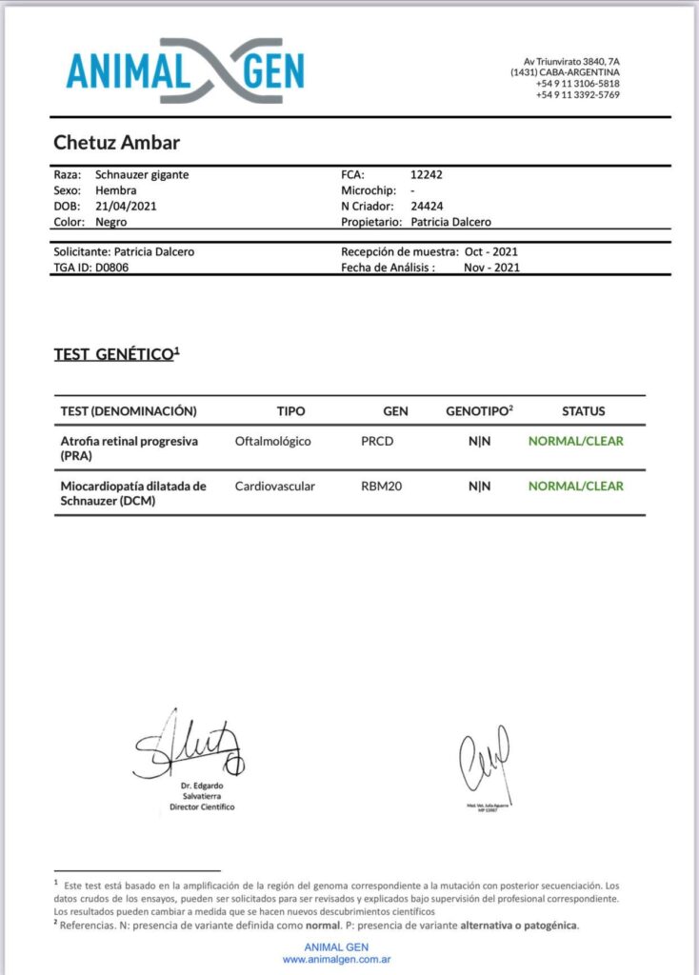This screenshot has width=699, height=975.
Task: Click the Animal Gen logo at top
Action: pos(186,70)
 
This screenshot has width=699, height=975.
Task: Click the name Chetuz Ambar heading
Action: pos(116,143)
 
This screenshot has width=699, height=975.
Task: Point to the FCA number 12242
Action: pos(426,175)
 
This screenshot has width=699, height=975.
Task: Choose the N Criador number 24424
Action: pos(426,206)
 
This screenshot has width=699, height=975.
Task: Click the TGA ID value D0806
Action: pos(113,268)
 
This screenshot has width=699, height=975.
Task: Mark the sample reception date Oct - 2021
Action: pos(491,252)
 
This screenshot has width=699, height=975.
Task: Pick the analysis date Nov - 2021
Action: pos(491,268)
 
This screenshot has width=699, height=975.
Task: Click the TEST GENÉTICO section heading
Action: pos(116,354)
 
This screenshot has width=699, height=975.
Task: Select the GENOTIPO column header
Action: pos(479,411)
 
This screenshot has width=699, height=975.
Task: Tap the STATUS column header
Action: pos(583,411)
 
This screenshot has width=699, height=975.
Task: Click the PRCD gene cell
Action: pos(377,441)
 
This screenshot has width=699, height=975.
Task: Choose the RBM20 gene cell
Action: pos(380,486)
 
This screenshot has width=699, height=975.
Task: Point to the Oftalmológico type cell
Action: pos(272,441)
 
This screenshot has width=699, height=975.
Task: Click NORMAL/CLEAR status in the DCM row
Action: pos(575,486)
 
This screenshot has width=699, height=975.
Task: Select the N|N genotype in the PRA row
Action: pos(479,441)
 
